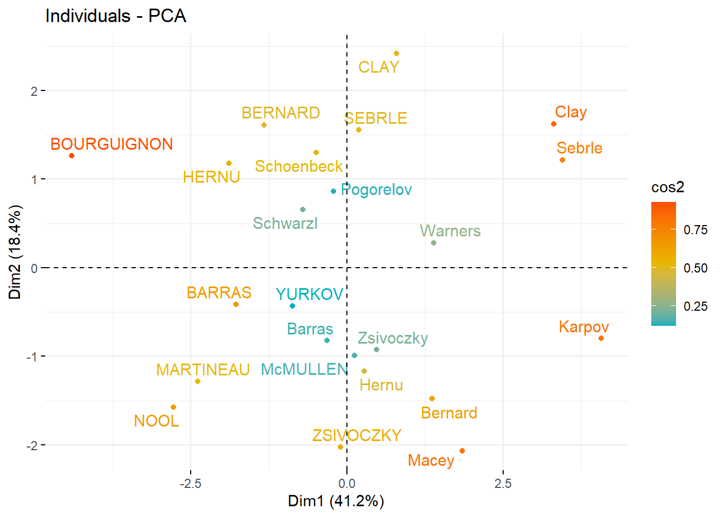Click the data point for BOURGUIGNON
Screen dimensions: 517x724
point(72,156)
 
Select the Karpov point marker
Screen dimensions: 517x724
point(601,338)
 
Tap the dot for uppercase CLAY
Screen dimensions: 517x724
point(396,53)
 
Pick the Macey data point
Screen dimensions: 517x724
point(462,451)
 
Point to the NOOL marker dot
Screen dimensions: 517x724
point(173,407)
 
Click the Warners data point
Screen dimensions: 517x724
point(434,243)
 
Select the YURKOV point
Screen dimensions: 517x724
point(293,306)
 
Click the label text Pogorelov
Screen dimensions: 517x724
point(377,190)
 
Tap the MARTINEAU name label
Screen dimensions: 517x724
point(203,370)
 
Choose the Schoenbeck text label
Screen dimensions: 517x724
point(298,166)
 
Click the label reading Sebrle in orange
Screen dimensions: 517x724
point(580,148)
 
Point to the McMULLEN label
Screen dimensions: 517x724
point(304,369)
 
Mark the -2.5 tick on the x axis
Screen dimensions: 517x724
point(190,484)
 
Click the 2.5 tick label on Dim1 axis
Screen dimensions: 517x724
point(503,484)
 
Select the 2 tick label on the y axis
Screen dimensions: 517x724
point(34,91)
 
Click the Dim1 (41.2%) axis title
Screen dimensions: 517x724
point(336,501)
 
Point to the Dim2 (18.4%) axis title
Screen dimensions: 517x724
point(15,251)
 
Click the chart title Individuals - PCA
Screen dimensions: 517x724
point(116,16)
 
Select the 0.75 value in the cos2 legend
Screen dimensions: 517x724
point(695,230)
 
